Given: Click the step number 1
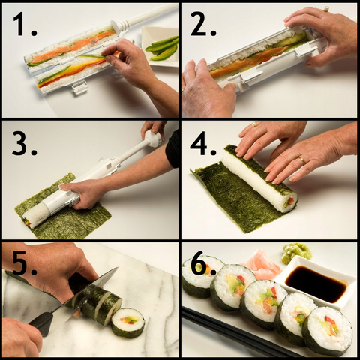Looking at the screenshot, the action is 25,24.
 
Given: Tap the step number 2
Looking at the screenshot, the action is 203,24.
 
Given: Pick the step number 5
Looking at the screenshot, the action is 25,263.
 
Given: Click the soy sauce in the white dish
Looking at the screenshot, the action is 316,283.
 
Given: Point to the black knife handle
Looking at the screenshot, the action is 41,324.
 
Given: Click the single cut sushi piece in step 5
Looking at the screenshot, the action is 128,322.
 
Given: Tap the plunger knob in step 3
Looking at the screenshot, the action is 152,139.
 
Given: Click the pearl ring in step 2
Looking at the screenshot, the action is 325,10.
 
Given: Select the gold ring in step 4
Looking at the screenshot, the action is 302,160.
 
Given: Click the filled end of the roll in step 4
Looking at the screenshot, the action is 290,202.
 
